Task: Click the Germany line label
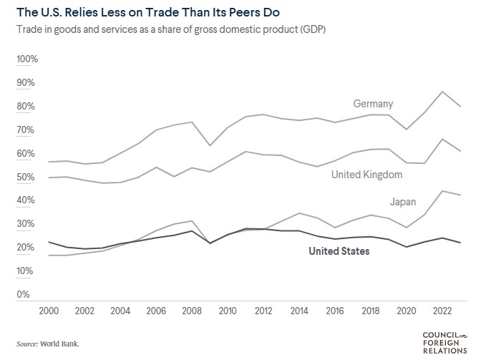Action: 373,104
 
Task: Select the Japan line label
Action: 403,201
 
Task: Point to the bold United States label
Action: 339,251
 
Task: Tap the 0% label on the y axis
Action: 23,294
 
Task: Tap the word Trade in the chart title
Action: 154,12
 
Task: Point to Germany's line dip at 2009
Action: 209,146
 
